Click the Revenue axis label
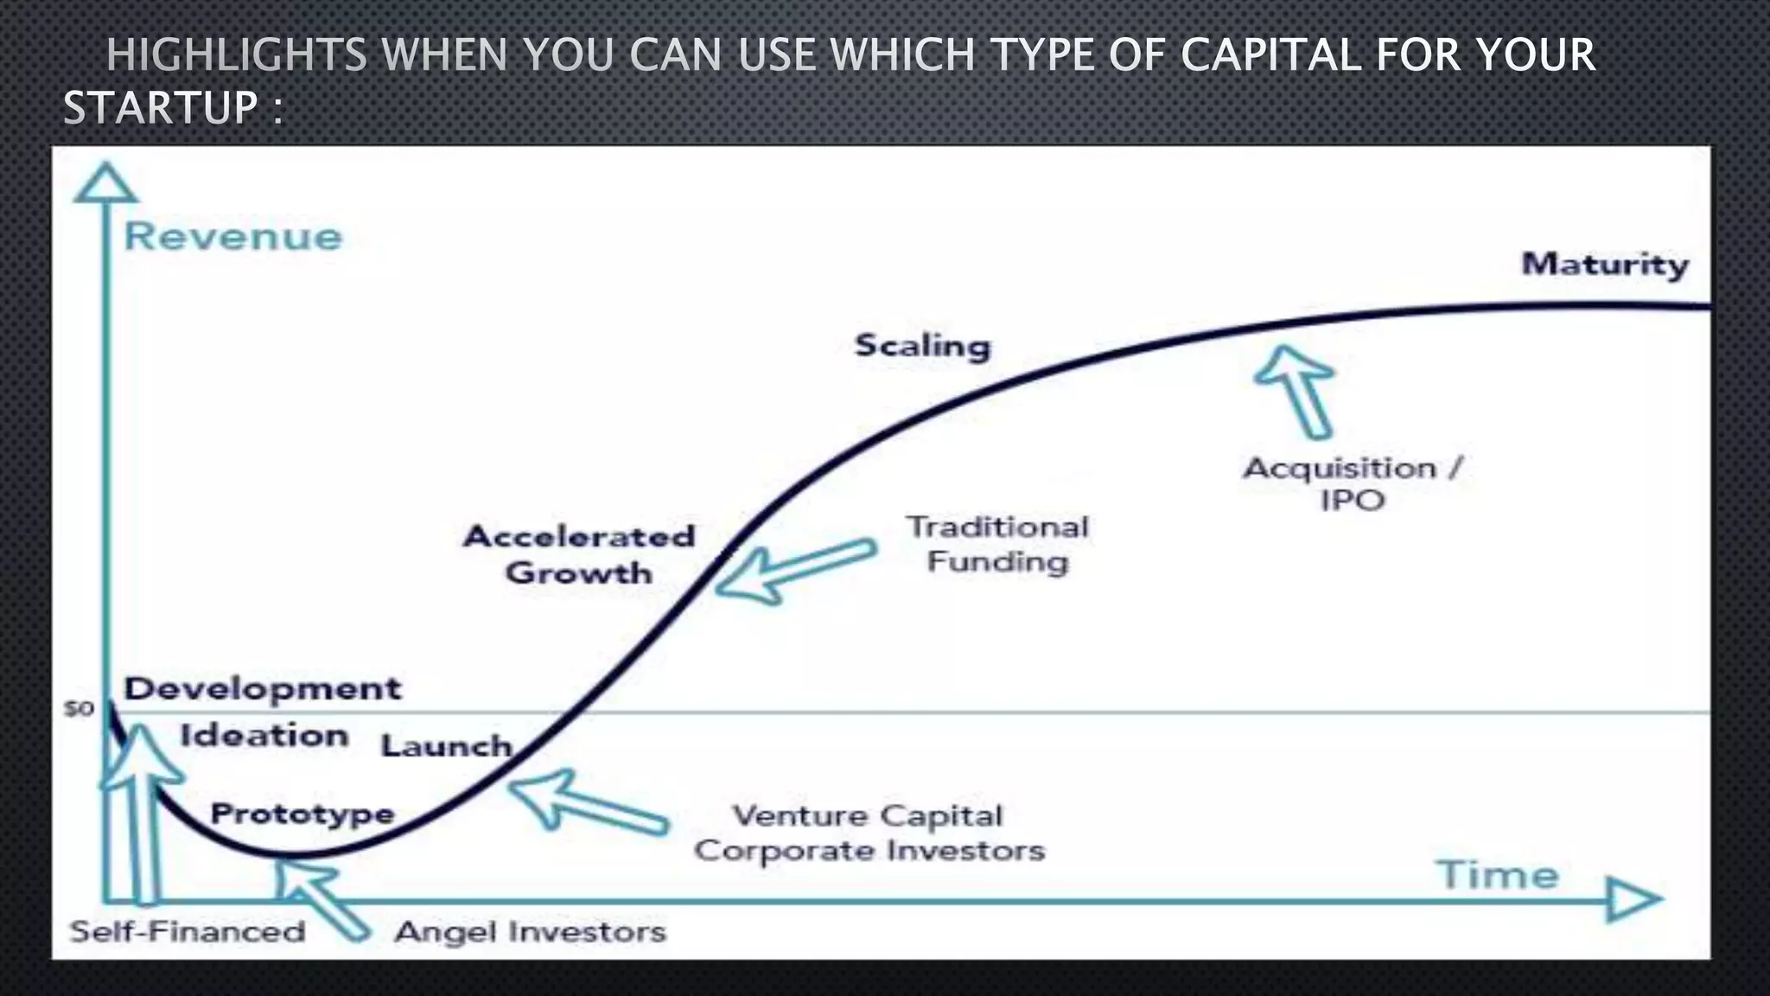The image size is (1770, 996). [233, 237]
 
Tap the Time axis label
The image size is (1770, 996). [1498, 875]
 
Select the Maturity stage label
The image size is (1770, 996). [1605, 264]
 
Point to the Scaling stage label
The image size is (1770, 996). [922, 346]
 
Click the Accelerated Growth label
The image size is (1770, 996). [579, 554]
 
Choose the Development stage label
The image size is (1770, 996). [263, 688]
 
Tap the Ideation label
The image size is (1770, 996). [264, 736]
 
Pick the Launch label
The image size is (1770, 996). [447, 745]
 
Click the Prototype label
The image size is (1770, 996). [302, 814]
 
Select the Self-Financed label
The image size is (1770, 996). [188, 931]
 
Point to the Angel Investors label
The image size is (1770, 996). [531, 931]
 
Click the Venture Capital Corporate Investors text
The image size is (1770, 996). [869, 833]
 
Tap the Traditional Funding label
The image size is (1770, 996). [997, 544]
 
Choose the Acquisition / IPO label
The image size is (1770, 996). [1353, 483]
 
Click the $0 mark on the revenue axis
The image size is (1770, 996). [80, 709]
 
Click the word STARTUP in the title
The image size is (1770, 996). [161, 109]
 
